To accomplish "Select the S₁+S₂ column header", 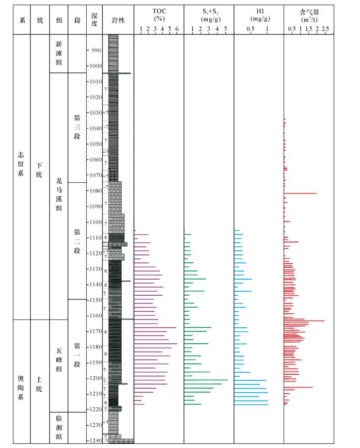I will tap(208, 14).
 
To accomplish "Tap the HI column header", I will tap(258, 14).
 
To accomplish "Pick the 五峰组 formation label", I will tap(59, 360).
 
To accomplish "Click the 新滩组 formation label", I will tap(59, 53).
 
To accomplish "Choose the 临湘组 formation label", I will tap(59, 428).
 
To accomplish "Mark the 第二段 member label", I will tap(77, 241).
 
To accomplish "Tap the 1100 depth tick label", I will tap(96, 222).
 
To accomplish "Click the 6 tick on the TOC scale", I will tap(177, 29).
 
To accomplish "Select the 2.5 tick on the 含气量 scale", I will tap(325, 29).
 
